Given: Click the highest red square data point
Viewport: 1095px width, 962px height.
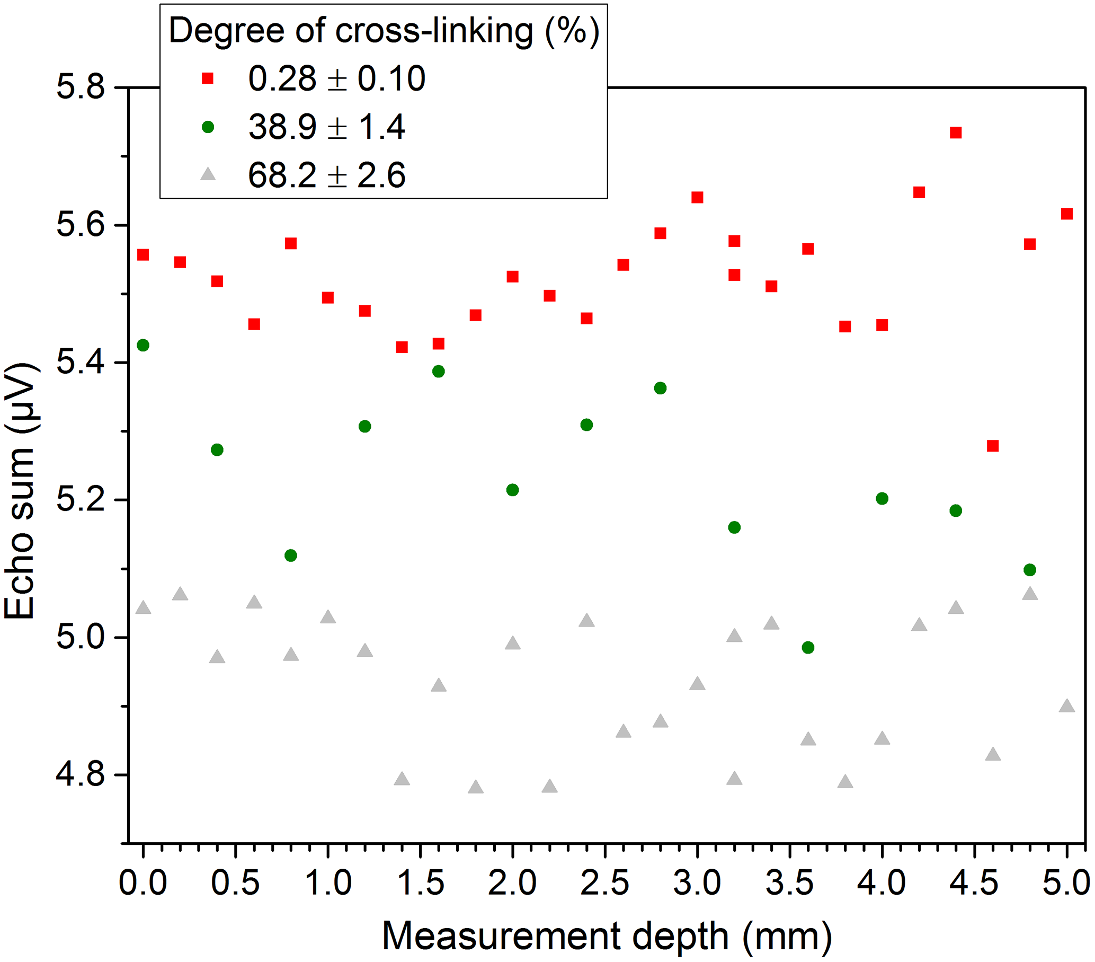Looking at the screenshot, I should [956, 133].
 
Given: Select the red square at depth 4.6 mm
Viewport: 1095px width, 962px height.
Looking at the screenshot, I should [993, 446].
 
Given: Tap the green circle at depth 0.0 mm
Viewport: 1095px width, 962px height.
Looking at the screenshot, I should [143, 345].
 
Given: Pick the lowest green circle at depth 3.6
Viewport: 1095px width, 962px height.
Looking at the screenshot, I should [808, 647].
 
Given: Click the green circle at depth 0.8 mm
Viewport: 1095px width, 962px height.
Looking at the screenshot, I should [291, 555].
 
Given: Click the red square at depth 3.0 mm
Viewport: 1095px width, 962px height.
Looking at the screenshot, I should [697, 198].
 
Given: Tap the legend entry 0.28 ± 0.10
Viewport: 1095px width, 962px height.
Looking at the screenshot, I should [336, 79].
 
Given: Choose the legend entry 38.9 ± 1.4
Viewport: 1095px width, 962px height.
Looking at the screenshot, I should [327, 127].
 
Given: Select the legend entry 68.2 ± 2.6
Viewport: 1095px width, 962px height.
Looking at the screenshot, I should [327, 175].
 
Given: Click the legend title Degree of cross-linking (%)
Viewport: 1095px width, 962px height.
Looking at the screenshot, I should [384, 31].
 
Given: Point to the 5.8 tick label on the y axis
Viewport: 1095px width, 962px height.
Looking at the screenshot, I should [81, 87].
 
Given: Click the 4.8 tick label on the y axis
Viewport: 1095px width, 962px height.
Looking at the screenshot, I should [81, 775].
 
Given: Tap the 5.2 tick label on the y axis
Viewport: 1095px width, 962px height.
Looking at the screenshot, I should [81, 500].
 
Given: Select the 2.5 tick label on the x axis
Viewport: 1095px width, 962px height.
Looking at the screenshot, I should [605, 882].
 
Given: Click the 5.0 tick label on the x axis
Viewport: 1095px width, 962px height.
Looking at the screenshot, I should [1065, 882].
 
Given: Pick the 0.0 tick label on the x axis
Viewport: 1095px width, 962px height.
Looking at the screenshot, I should [143, 882].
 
